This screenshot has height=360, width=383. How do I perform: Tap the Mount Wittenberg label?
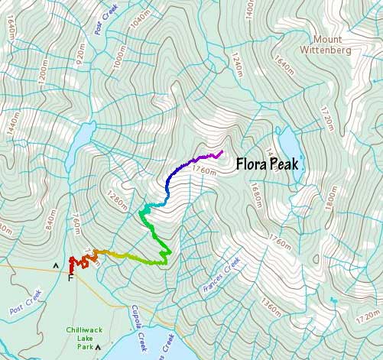click(x=341, y=44)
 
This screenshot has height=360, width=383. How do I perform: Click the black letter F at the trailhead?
click(x=70, y=277)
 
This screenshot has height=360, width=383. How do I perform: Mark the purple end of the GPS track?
click(x=221, y=152)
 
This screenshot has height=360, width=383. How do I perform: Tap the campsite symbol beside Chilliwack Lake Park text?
click(x=99, y=345)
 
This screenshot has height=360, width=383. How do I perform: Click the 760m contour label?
click(x=75, y=227)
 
